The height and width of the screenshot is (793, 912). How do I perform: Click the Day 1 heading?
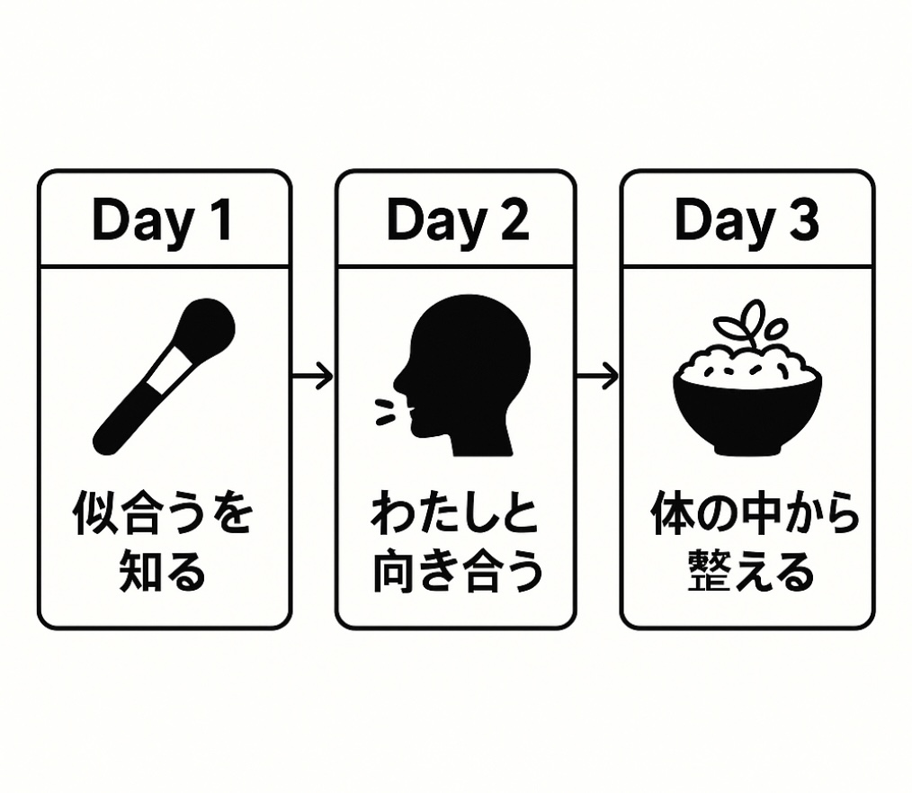[x=162, y=221]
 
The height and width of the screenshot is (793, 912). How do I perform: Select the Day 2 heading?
[x=458, y=221]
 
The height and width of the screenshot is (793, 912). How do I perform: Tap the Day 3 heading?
[x=747, y=221]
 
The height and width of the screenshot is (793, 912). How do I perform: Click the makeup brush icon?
[x=164, y=377]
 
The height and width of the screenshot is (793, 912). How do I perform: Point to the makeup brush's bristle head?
[x=207, y=326]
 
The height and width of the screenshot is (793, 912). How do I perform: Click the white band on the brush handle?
[x=169, y=370]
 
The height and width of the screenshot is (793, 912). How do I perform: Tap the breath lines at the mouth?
[x=384, y=412]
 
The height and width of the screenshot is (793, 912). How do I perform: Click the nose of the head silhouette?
[x=399, y=382]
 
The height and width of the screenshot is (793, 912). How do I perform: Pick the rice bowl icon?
[x=747, y=378]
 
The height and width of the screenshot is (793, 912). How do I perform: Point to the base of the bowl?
[x=748, y=450]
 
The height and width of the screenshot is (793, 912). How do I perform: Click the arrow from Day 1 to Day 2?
[x=312, y=377]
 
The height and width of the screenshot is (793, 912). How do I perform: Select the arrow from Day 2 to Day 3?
[x=597, y=377]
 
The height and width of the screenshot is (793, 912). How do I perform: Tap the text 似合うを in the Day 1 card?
[x=163, y=512]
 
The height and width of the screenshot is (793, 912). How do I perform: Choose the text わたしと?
[x=455, y=512]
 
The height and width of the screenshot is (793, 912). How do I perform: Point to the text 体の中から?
[x=755, y=512]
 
